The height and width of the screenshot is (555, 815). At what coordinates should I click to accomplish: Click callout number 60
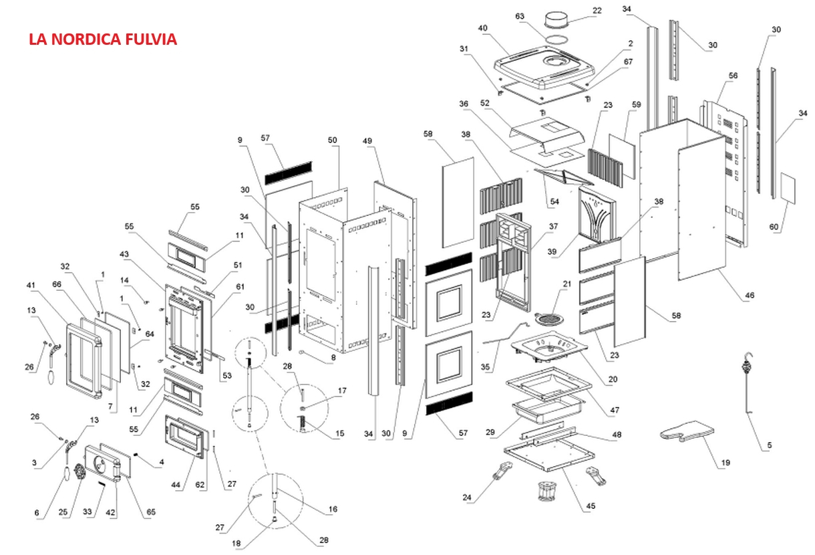(774, 227)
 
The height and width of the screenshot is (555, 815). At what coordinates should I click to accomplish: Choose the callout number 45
(591, 506)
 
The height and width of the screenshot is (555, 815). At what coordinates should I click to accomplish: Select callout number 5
(769, 445)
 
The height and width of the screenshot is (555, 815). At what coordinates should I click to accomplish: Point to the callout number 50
(332, 140)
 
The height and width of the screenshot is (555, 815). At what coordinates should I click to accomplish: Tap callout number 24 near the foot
(466, 497)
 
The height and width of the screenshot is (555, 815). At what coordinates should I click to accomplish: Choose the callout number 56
(733, 76)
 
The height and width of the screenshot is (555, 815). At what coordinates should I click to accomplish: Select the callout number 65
(151, 512)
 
